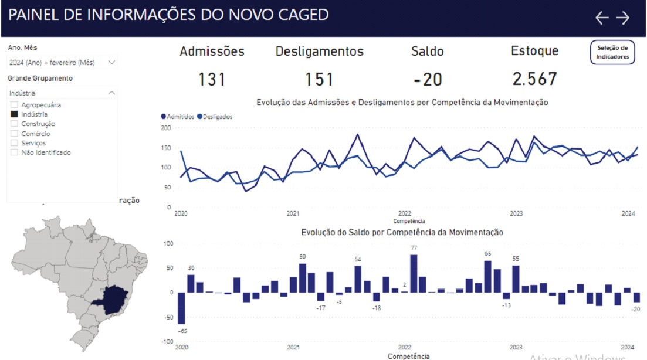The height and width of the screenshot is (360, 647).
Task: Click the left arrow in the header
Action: [x=602, y=18]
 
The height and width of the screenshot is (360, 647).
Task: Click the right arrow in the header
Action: [x=622, y=18]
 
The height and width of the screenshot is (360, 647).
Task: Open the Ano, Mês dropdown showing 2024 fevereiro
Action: [x=62, y=62]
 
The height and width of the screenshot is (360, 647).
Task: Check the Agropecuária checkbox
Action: [x=14, y=105]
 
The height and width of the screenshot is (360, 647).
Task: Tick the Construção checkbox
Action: [x=14, y=124]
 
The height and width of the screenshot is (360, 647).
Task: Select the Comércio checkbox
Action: [x=14, y=134]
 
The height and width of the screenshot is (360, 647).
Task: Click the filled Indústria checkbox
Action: [x=14, y=114]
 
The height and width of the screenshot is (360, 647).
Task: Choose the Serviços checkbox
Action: [x=14, y=143]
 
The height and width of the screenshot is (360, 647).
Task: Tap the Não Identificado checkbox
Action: [x=14, y=152]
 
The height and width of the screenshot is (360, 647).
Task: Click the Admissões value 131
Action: [x=212, y=79]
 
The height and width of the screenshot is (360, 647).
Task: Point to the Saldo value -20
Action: [x=427, y=79]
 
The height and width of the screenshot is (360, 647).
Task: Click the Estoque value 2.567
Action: [x=534, y=79]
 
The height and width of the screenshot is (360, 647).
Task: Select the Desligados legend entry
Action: [x=215, y=117]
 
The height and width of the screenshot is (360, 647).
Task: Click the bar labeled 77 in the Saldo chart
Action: [x=414, y=273]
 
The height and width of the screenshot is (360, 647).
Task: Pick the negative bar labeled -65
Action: [x=181, y=308]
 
